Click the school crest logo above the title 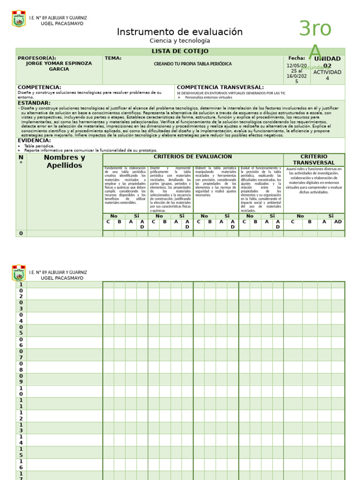click(19, 19)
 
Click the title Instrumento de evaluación click(180, 32)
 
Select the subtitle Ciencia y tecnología click(180, 41)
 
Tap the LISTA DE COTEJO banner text click(180, 51)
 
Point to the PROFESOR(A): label click(37, 58)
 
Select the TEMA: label click(113, 58)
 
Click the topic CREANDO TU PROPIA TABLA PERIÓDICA click(193, 64)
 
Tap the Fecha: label click(297, 58)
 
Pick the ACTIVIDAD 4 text click(327, 75)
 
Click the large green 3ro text click(315, 29)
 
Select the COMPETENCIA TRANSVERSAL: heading click(220, 87)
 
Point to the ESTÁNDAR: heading click(34, 103)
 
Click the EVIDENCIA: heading click(34, 140)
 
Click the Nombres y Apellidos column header click(64, 161)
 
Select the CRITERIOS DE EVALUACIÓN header click(193, 157)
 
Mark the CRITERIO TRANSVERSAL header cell click(314, 159)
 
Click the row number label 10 click(21, 391)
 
